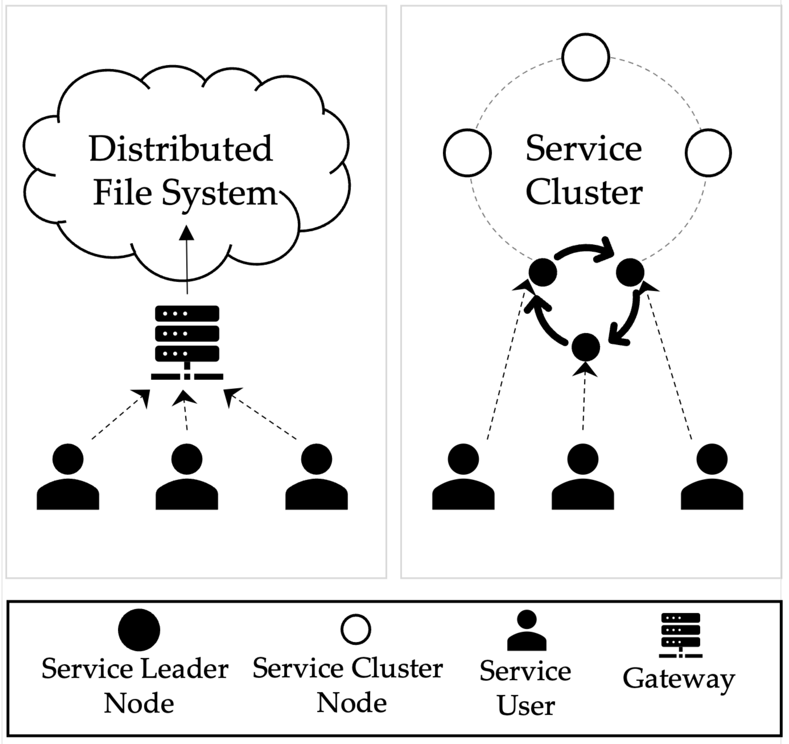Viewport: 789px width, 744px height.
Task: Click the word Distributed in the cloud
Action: [181, 149]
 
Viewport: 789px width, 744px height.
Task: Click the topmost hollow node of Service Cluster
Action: [586, 57]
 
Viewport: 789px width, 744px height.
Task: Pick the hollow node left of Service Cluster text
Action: [467, 153]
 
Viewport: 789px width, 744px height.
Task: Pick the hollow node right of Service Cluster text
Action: [709, 153]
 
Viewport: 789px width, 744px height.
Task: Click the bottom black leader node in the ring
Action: [586, 347]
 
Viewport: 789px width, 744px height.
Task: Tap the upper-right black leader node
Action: [630, 272]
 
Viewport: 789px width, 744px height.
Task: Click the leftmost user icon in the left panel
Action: [68, 478]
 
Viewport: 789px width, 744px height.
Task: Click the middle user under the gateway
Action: [187, 478]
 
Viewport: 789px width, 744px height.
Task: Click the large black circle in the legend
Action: [139, 630]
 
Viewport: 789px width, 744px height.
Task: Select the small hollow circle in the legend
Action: [356, 629]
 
